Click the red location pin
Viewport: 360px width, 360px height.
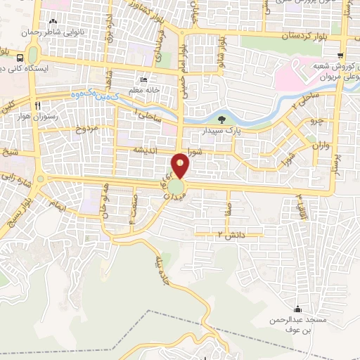[x=181, y=165]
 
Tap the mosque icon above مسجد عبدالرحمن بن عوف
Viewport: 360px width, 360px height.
[x=298, y=309]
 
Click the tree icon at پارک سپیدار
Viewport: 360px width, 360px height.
[x=223, y=120]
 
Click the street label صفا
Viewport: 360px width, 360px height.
[x=227, y=209]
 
